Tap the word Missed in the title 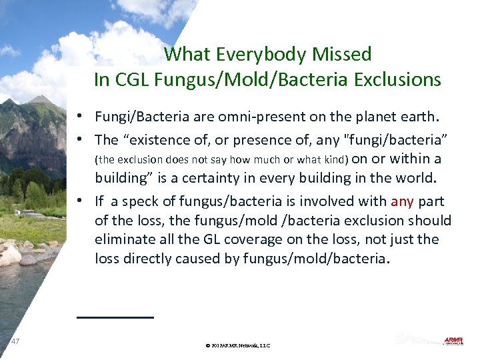click(341, 53)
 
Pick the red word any click(402, 201)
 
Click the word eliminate click(124, 239)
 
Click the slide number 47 click(15, 341)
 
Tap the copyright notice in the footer click(238, 345)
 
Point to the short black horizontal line click(115, 317)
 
